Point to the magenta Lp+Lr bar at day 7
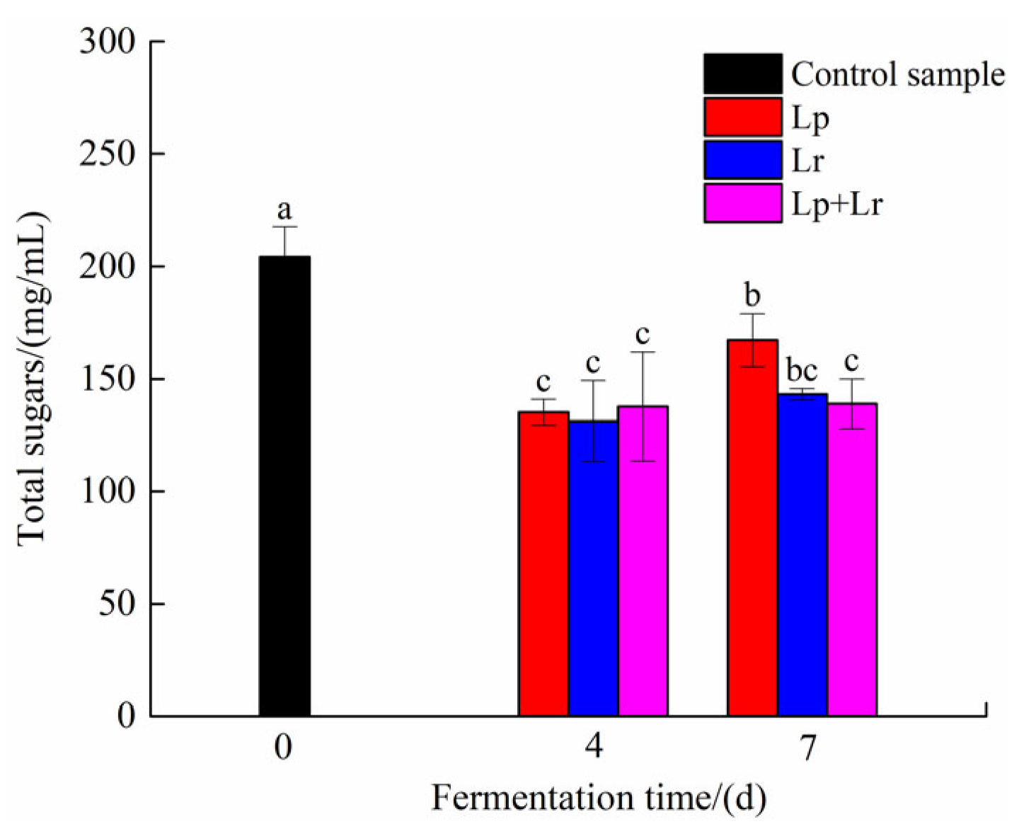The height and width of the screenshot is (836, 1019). click(x=852, y=559)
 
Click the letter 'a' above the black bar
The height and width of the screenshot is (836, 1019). click(x=284, y=210)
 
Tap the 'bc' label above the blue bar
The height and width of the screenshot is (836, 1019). click(x=802, y=370)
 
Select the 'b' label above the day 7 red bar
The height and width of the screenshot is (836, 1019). click(x=752, y=296)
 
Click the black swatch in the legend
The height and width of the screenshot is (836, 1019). click(x=742, y=74)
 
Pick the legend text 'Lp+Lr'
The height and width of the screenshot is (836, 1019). click(x=837, y=205)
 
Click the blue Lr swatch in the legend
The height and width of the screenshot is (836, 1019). click(x=742, y=160)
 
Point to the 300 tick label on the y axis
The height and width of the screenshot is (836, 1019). click(x=107, y=42)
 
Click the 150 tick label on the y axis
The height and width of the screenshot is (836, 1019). click(x=107, y=379)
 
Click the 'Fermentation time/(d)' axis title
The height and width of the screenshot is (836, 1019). click(x=599, y=798)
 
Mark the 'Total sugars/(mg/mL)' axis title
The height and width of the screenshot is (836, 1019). click(x=32, y=379)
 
